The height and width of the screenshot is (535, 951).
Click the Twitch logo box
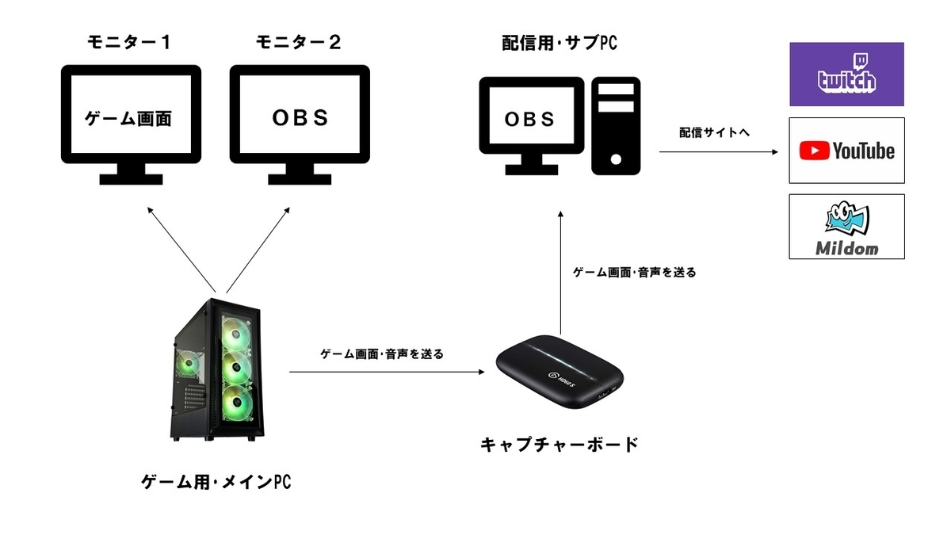(846, 74)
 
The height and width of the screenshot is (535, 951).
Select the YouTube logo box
(846, 151)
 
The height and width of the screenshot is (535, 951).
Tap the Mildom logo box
(846, 226)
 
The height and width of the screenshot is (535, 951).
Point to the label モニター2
(300, 42)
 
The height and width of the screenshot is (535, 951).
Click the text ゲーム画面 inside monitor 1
(129, 119)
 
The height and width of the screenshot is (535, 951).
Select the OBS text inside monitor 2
(300, 118)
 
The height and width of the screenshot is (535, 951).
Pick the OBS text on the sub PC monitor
(530, 119)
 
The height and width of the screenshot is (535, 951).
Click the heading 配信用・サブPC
(560, 43)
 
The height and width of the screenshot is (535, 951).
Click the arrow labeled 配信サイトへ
(713, 152)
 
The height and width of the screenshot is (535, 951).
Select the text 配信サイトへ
(713, 132)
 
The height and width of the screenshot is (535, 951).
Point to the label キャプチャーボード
(560, 444)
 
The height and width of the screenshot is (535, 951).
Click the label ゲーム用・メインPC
(216, 481)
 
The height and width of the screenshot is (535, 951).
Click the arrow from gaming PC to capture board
(387, 371)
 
